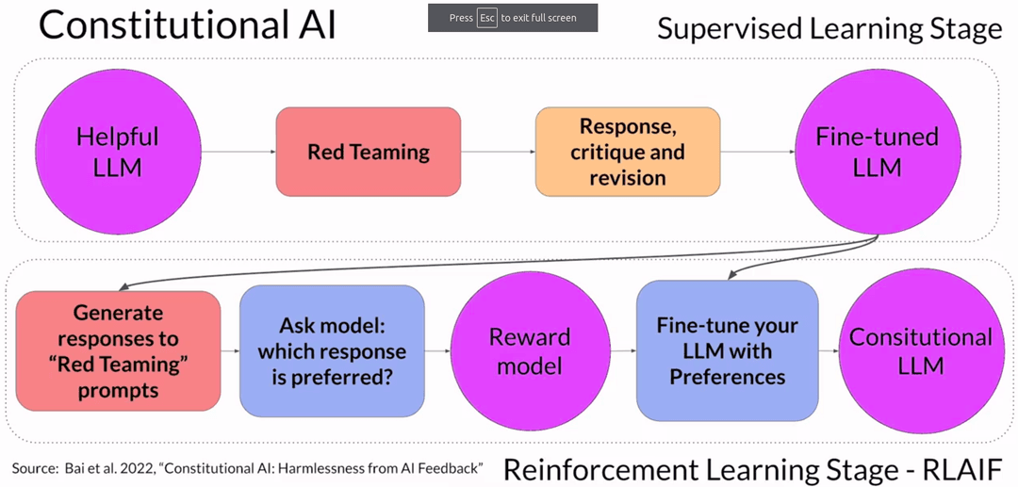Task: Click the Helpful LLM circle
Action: (117, 152)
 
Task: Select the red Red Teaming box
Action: (368, 152)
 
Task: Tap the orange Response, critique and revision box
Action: (628, 152)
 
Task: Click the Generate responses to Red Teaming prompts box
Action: (118, 350)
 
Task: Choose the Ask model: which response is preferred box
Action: (332, 350)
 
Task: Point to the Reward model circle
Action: (530, 350)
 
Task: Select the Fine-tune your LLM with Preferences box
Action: (727, 350)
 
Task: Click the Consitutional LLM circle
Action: (920, 350)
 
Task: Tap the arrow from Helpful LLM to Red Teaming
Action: (238, 152)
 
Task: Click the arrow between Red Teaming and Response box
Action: (498, 152)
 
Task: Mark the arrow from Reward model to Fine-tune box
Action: (622, 350)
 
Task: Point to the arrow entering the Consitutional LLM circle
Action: (829, 350)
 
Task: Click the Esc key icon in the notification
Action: (486, 18)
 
